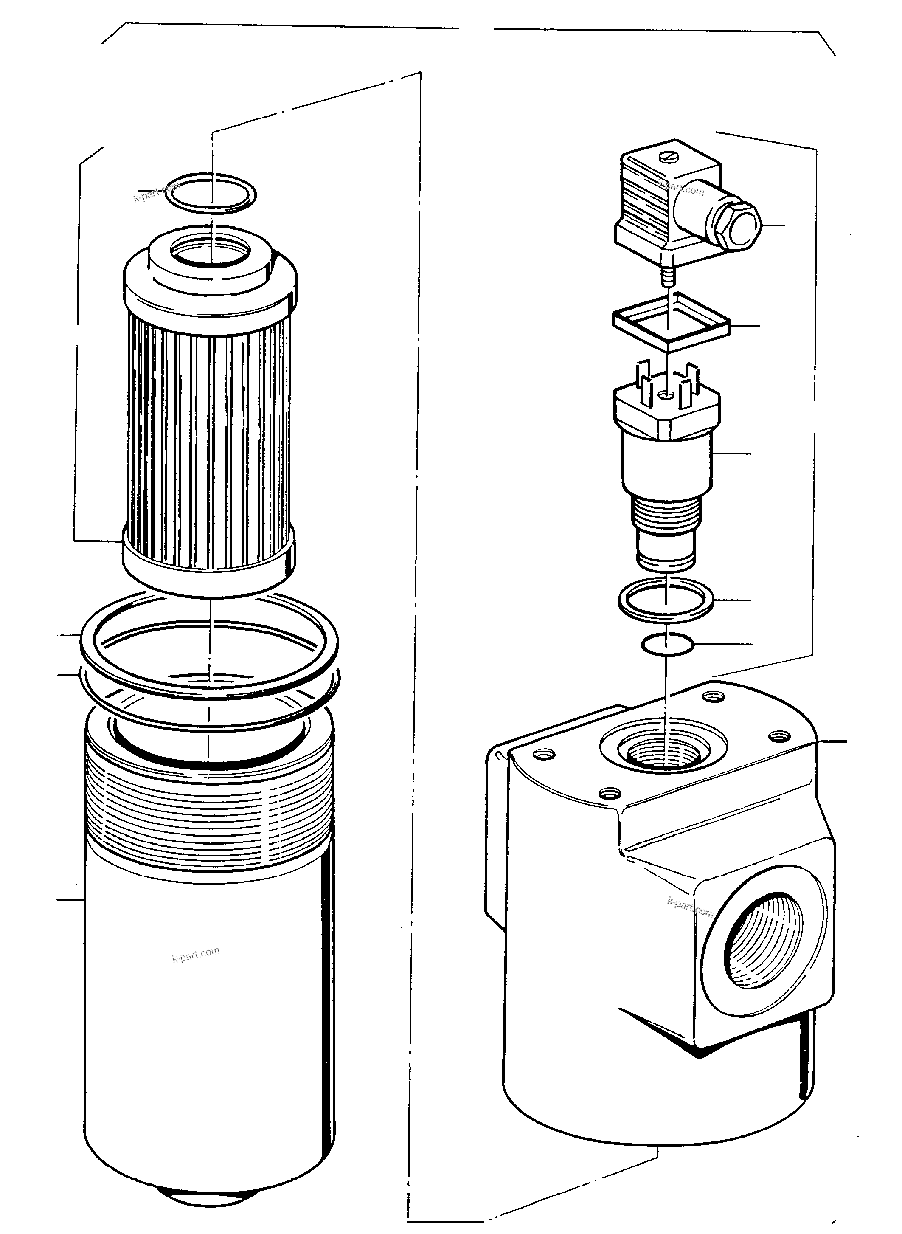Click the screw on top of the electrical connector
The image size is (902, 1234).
(669, 158)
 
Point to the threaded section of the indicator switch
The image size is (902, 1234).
(666, 513)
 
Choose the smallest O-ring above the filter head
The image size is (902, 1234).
(667, 645)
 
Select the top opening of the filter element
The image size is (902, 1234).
(210, 251)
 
